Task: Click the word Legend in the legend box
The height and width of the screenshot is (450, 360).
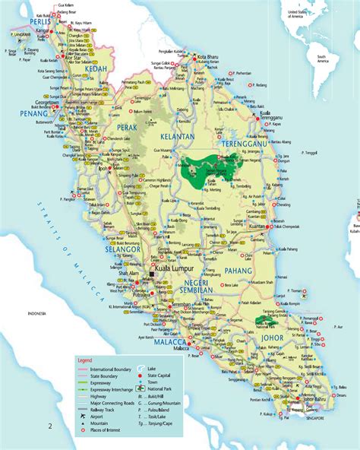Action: coord(84,360)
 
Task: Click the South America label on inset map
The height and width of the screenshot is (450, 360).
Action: coord(327,58)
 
